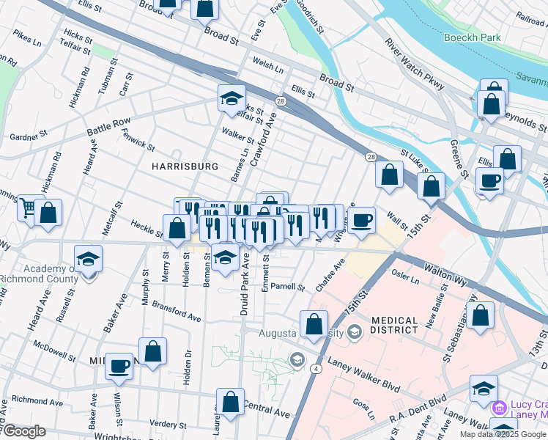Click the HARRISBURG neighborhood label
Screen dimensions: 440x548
coord(185,166)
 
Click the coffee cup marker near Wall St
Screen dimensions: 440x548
coord(361,220)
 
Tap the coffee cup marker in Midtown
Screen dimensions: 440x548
coord(119,365)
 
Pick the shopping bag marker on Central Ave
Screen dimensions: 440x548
coord(230,401)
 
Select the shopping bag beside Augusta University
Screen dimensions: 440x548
coord(314,323)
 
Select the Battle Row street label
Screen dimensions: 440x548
coord(108,126)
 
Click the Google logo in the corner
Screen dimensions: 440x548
coord(23,431)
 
